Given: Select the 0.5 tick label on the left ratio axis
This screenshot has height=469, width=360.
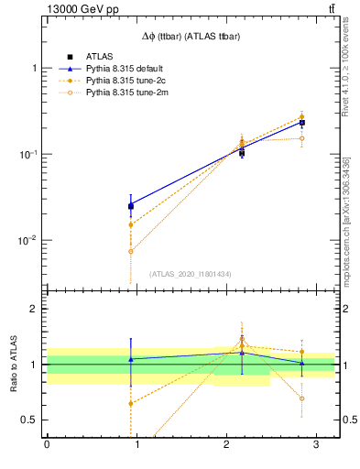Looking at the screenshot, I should click(29, 420).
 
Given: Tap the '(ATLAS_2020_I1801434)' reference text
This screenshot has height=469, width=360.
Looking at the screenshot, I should click(191, 274).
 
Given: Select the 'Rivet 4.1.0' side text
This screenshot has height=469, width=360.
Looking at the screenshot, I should click(345, 69).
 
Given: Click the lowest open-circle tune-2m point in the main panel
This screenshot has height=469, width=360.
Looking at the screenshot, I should click(131, 251).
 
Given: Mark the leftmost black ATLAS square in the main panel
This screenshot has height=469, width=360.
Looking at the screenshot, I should click(131, 206).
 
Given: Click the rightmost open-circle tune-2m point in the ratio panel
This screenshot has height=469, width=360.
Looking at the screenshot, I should click(302, 398).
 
